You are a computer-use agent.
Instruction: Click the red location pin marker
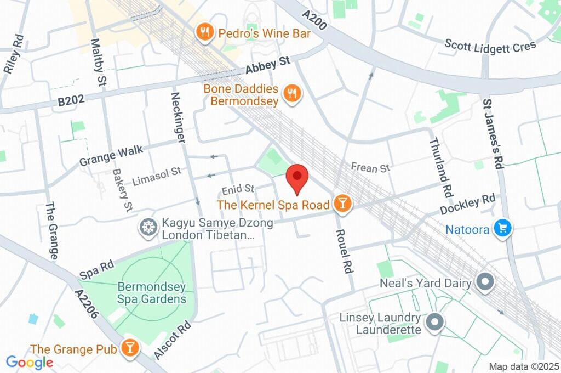pyautogui.click(x=297, y=177)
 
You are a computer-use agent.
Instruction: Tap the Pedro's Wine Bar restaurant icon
pyautogui.click(x=205, y=33)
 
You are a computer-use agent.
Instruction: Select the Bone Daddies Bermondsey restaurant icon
pyautogui.click(x=293, y=94)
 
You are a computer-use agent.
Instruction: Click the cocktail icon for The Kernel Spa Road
pyautogui.click(x=342, y=204)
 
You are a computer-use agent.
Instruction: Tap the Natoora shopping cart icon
pyautogui.click(x=502, y=229)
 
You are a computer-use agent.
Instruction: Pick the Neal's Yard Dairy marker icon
pyautogui.click(x=484, y=283)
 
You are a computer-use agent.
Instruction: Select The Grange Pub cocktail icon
pyautogui.click(x=130, y=348)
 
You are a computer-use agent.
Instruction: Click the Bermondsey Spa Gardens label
pyautogui.click(x=152, y=293)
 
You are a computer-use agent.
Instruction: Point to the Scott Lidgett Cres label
pyautogui.click(x=490, y=45)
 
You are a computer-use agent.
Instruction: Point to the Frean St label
pyautogui.click(x=370, y=167)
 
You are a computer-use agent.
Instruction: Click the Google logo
pyautogui.click(x=29, y=362)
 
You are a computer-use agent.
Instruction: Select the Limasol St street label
pyautogui.click(x=156, y=175)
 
